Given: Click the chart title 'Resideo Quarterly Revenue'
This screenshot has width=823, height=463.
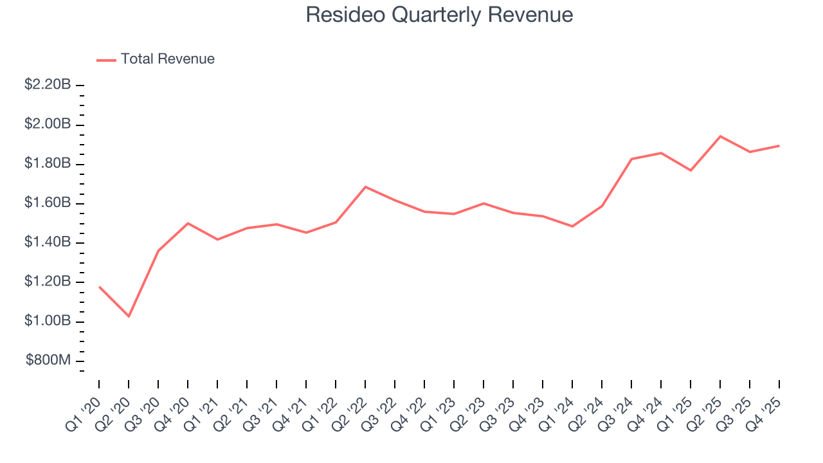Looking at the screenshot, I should (439, 15).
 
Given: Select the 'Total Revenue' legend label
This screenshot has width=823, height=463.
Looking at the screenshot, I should (167, 59).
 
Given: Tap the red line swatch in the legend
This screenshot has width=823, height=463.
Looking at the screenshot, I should (106, 60).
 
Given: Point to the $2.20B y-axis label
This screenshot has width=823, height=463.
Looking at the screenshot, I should (48, 85).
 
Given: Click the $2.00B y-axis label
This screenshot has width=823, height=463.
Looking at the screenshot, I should (48, 124).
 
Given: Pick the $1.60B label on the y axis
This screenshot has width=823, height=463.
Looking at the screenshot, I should (48, 203).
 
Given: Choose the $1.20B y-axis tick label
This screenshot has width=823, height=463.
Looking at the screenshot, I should (48, 282).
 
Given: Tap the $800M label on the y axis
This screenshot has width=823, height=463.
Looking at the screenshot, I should (48, 361).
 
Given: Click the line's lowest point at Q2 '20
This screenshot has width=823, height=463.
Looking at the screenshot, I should (129, 316).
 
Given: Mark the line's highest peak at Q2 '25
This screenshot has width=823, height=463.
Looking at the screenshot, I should (720, 136).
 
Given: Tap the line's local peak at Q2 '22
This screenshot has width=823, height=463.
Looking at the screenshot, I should (365, 186).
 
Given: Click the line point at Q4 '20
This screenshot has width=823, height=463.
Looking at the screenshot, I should (188, 223).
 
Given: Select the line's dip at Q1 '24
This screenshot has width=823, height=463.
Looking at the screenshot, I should (572, 226).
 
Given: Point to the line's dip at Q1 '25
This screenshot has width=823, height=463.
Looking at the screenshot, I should (691, 170).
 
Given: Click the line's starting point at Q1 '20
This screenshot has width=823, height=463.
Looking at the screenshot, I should (99, 287).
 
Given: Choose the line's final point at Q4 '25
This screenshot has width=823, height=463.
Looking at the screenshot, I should (779, 146).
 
